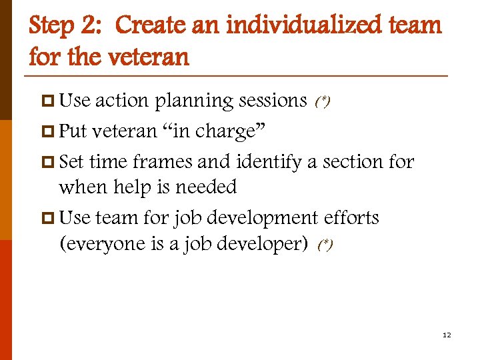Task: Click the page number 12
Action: (x=447, y=335)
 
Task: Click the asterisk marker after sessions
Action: (x=323, y=102)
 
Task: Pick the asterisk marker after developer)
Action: (x=325, y=245)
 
